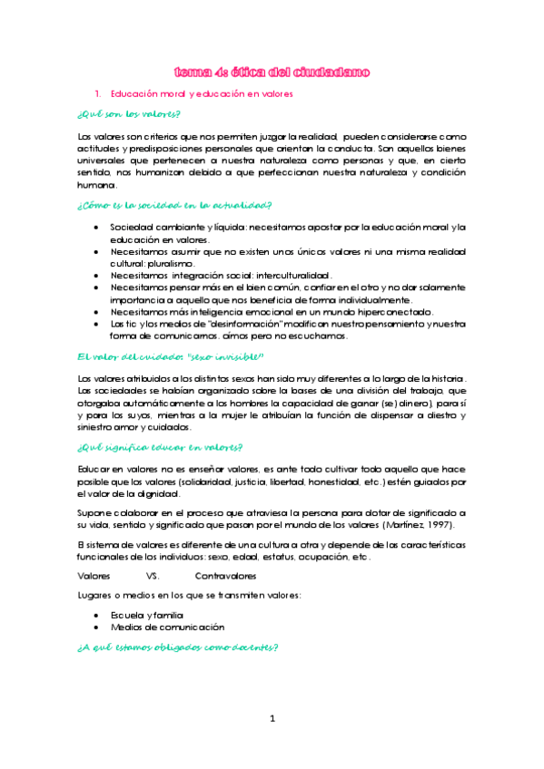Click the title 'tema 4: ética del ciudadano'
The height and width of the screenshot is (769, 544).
click(272, 72)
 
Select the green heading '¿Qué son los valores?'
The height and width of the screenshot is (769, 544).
click(128, 114)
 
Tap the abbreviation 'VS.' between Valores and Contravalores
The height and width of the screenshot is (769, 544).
click(153, 576)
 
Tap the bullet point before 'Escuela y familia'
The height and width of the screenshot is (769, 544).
click(96, 614)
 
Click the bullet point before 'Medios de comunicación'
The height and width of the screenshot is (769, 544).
click(96, 627)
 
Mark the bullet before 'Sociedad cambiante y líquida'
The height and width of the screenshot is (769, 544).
click(96, 227)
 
